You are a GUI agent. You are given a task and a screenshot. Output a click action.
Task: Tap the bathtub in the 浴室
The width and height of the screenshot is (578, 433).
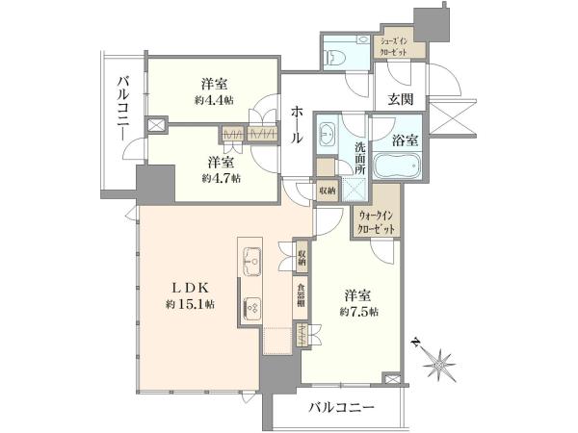click(x=397, y=166)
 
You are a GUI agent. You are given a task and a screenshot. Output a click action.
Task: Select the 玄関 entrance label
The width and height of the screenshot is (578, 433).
click(x=401, y=99)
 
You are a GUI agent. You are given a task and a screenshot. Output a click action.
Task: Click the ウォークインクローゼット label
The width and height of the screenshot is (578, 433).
click(x=375, y=222)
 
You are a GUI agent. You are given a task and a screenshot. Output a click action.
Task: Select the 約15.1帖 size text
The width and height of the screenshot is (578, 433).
click(x=191, y=304)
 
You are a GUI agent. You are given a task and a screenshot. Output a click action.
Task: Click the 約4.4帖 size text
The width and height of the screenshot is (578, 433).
click(x=214, y=100)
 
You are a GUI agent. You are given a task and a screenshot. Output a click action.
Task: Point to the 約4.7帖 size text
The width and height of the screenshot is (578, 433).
click(x=222, y=178)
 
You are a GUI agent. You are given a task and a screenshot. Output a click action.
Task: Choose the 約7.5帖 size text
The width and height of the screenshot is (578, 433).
click(x=358, y=312)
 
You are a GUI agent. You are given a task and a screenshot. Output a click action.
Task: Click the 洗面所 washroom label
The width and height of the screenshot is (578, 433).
click(x=360, y=159)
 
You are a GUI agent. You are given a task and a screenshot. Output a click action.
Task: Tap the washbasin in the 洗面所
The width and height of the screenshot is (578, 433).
click(x=327, y=134)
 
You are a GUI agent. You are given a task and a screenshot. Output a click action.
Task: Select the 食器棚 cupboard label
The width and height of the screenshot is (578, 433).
click(x=302, y=295)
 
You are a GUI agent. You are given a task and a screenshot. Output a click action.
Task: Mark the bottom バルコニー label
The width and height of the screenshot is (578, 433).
click(x=342, y=408)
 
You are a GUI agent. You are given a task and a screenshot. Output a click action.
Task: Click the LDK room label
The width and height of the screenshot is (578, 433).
click(x=191, y=288)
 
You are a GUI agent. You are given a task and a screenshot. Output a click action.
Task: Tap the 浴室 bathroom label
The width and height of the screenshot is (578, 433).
click(x=405, y=140)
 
